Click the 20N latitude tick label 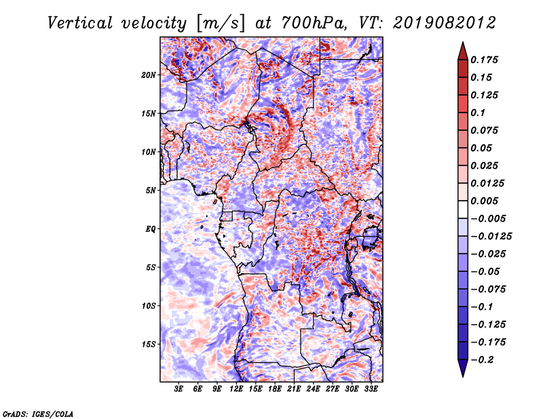click(x=149, y=75)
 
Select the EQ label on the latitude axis click(x=150, y=229)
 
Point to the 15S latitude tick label click(x=149, y=344)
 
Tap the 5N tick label click(x=151, y=191)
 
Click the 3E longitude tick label click(x=179, y=389)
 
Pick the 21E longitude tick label click(x=294, y=389)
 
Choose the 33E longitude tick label click(x=371, y=389)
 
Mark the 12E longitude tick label click(x=236, y=389)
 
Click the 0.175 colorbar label click(x=484, y=60)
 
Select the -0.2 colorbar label click(x=483, y=360)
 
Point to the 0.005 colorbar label click(x=484, y=201)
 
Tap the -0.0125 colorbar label click(x=491, y=237)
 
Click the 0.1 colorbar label click(x=478, y=113)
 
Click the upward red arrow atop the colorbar click(x=463, y=51)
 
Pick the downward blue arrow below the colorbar click(x=463, y=368)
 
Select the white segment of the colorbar click(x=463, y=209)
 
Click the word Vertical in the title click(x=80, y=23)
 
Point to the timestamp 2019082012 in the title click(x=445, y=23)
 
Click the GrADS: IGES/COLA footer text click(x=38, y=414)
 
